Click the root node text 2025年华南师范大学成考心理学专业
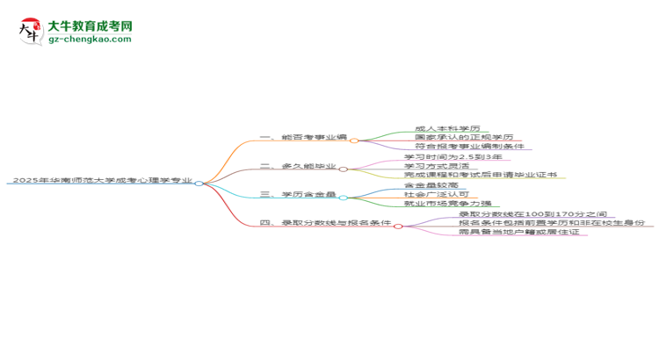(x=101, y=181)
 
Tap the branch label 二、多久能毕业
(x=299, y=167)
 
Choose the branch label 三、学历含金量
(x=299, y=195)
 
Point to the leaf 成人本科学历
(x=447, y=128)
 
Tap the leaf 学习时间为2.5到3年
(x=453, y=157)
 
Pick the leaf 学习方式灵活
(x=437, y=167)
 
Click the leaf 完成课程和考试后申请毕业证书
(x=480, y=176)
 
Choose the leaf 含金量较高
(x=431, y=186)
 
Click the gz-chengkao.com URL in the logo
(x=90, y=40)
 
